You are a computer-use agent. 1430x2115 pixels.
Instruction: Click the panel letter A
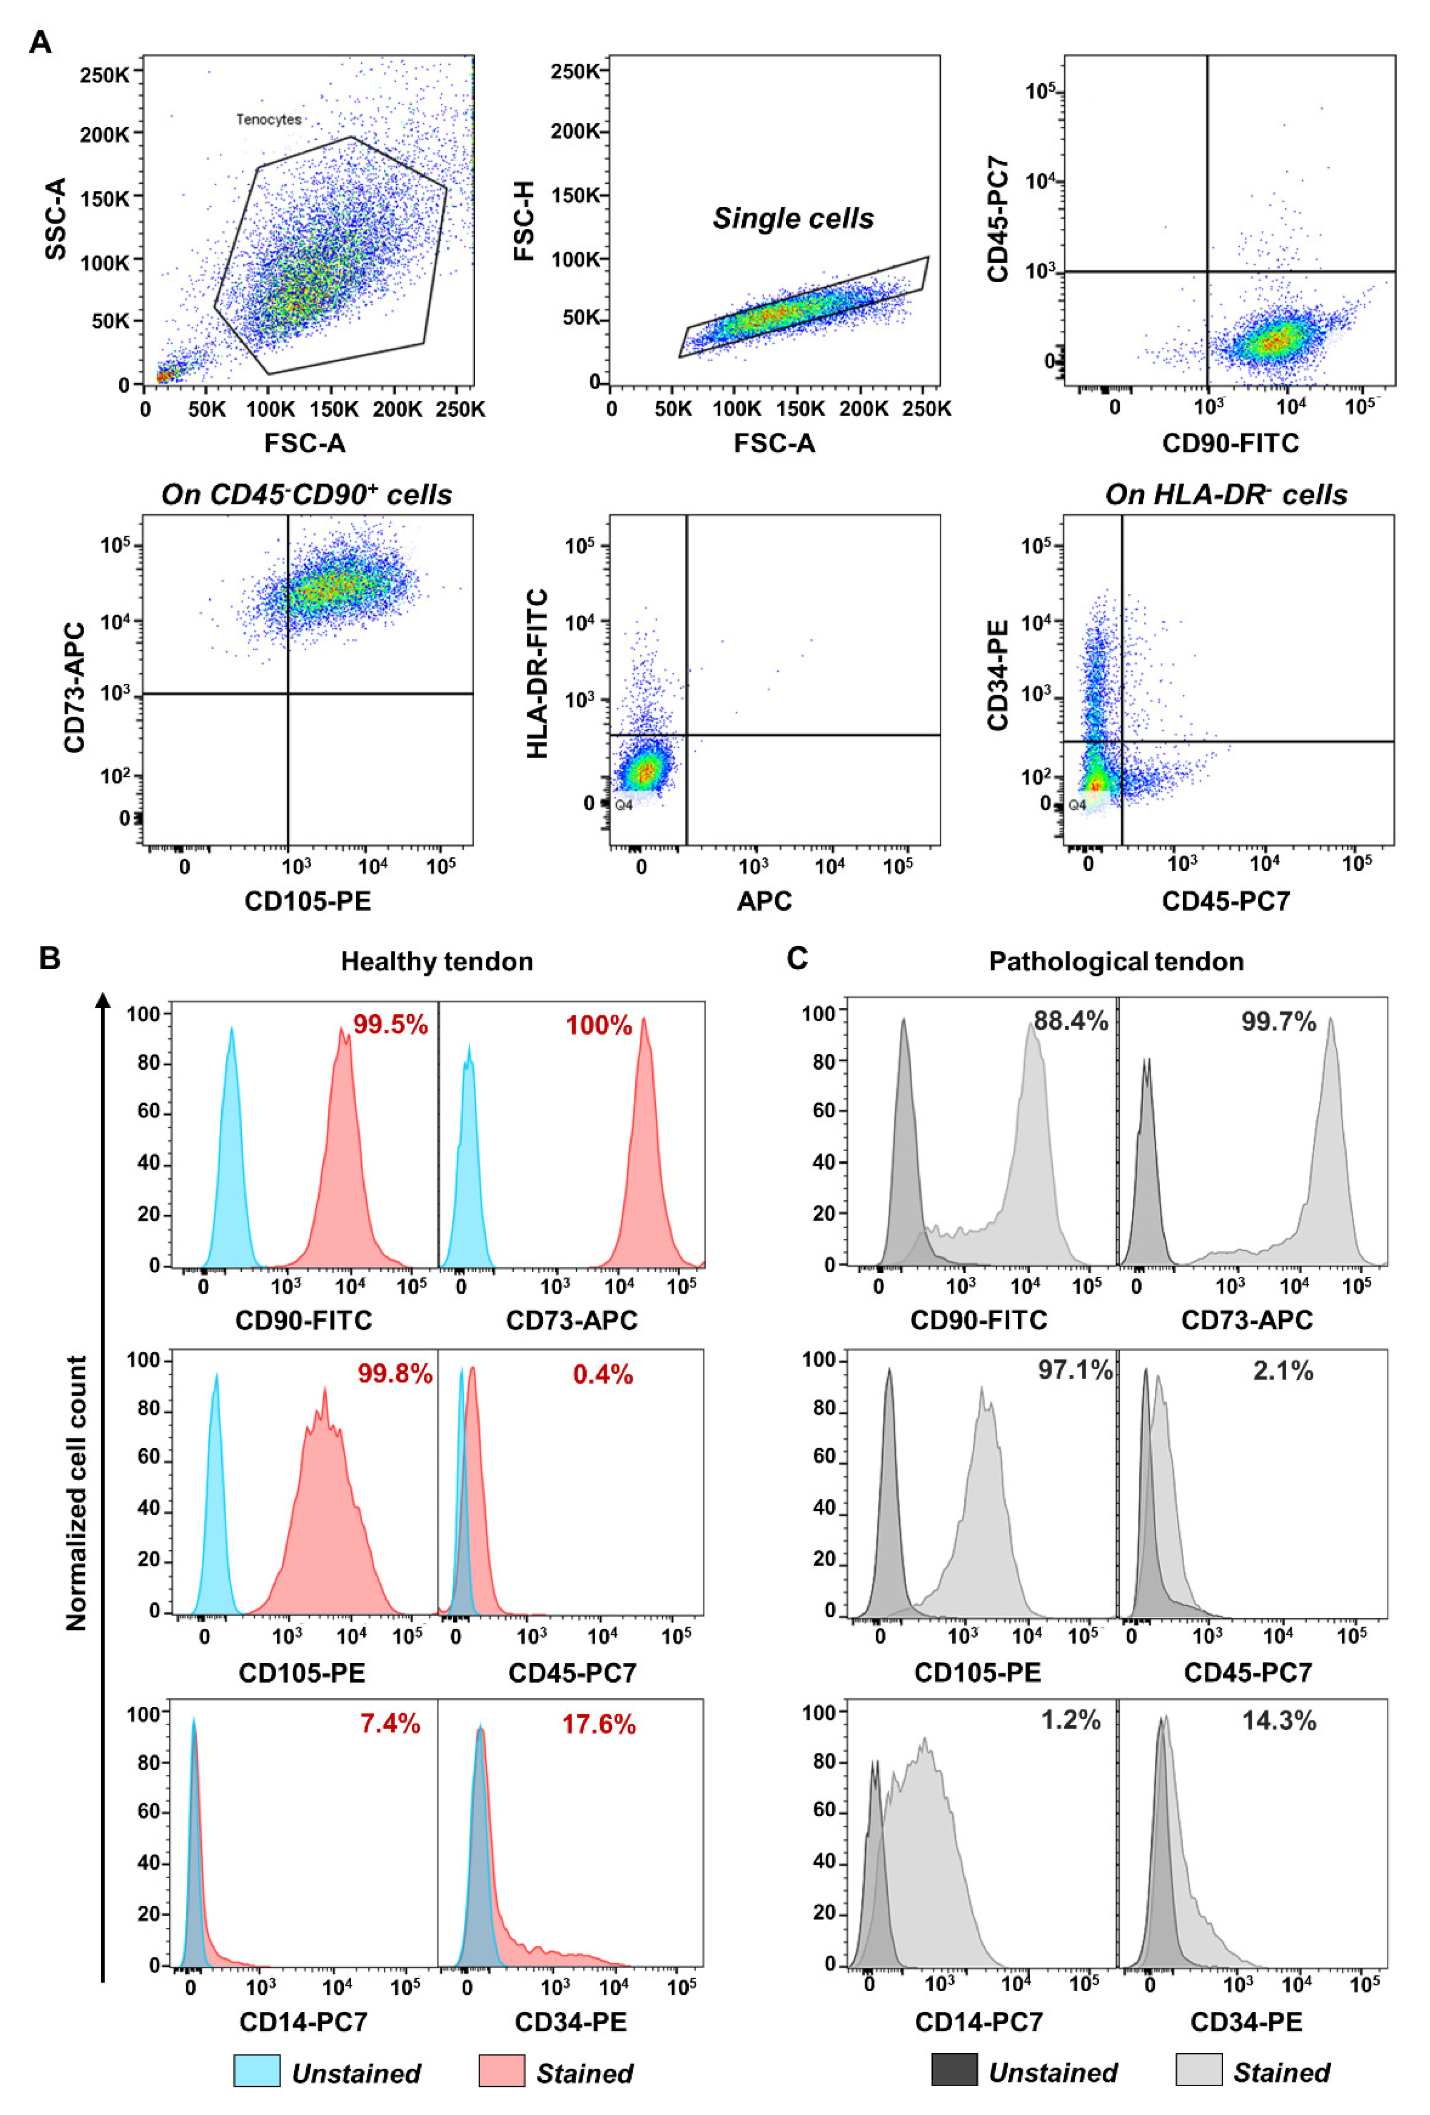[x=40, y=42]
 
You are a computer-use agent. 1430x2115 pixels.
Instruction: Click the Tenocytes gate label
[x=268, y=119]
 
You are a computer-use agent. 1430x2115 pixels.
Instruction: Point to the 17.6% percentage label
[x=598, y=1724]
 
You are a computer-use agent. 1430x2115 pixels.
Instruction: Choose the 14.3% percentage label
[x=1279, y=1720]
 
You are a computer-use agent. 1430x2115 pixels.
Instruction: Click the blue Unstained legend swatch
[x=257, y=2070]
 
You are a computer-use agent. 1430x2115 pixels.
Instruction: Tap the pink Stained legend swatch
[x=502, y=2070]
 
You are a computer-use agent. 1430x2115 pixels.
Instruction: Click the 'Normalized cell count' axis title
[x=77, y=1493]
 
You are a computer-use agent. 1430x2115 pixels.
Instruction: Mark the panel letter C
[x=797, y=958]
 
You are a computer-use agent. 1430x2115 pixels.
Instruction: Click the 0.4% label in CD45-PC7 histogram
[x=602, y=1374]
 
